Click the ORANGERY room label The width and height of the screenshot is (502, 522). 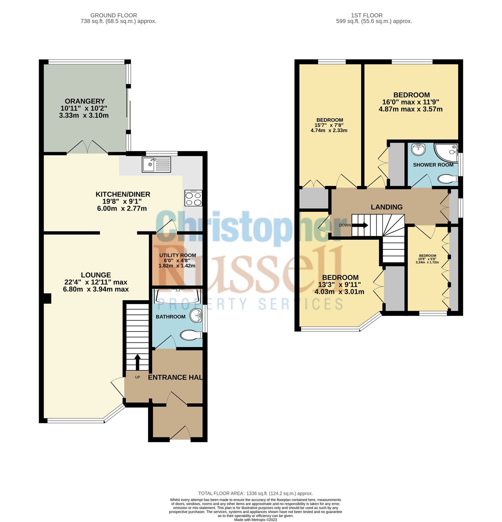[85, 101]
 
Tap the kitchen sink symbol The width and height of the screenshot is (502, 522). [156, 164]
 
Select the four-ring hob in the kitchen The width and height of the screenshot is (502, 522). [193, 198]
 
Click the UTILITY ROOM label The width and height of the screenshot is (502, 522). [177, 255]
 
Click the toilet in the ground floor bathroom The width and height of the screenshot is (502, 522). [191, 335]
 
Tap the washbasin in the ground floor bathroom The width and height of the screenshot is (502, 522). [196, 315]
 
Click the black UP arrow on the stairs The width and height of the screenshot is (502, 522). [137, 362]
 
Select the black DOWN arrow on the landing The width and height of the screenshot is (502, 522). [362, 225]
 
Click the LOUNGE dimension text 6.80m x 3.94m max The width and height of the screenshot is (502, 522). [96, 289]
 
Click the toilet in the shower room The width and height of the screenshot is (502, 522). [448, 179]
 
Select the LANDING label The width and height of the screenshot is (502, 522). [387, 207]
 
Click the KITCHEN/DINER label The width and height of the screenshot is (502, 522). [123, 194]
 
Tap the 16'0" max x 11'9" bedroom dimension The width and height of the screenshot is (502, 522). [411, 102]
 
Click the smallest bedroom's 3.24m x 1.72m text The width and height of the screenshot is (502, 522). [427, 262]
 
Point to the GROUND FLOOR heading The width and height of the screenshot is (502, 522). [113, 15]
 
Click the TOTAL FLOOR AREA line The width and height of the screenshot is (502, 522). [255, 493]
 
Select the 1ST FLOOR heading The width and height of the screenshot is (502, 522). [367, 15]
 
